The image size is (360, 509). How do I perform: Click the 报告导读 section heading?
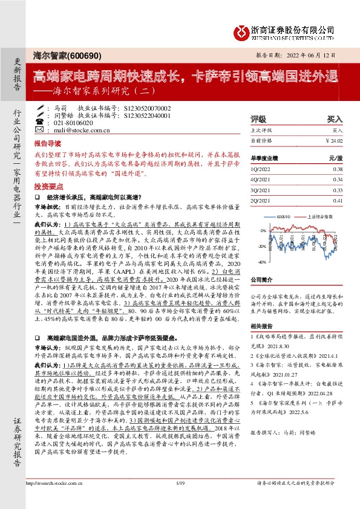click(x=47, y=145)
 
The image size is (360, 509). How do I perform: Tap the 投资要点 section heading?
click(x=47, y=187)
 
